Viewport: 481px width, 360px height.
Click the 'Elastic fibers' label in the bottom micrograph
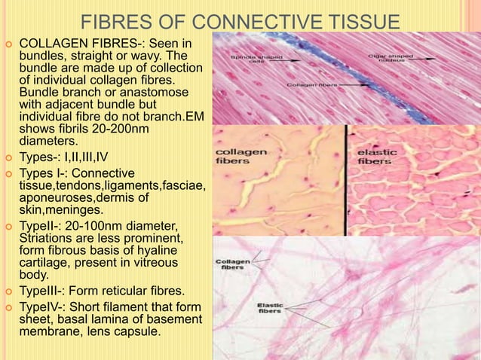click(270, 309)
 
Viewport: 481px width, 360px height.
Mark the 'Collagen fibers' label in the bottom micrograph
click(234, 264)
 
